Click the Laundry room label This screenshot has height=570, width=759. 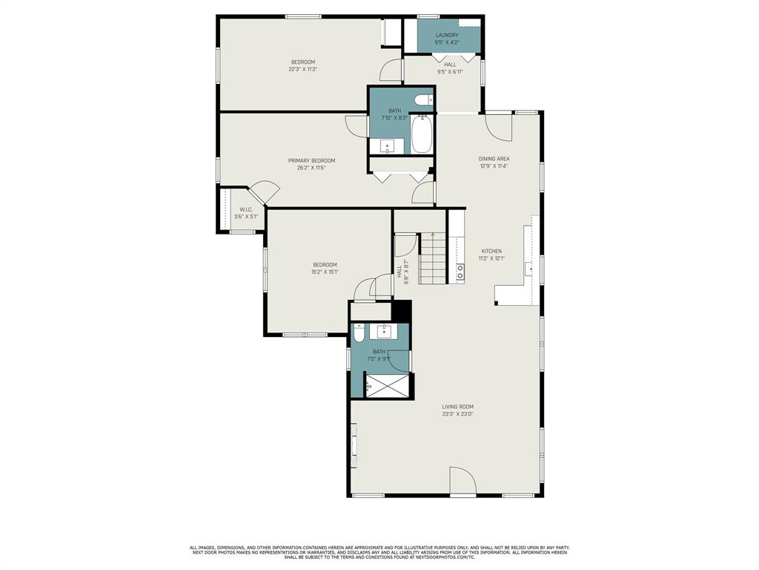[x=447, y=35]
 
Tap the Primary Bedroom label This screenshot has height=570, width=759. [x=311, y=160]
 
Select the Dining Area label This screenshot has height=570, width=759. [x=494, y=159]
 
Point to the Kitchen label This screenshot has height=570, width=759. [x=491, y=251]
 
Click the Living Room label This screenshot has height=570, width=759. [x=457, y=407]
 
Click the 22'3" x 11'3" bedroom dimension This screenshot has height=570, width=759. [x=302, y=70]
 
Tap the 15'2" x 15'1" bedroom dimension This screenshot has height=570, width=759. [x=325, y=272]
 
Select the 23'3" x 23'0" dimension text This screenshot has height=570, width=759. [x=457, y=414]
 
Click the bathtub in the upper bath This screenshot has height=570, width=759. [x=421, y=134]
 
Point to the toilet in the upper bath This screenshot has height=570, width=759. [x=424, y=100]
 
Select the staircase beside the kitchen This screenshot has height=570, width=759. [x=433, y=259]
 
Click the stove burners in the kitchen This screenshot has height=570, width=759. [x=460, y=272]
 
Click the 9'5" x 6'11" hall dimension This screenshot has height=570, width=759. [x=450, y=72]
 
